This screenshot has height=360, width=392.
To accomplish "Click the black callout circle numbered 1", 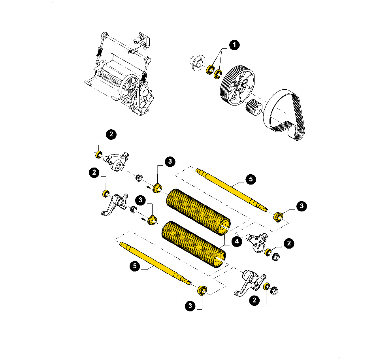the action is [234, 45].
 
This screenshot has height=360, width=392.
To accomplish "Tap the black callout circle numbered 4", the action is [237, 241].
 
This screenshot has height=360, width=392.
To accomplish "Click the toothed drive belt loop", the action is [285, 115].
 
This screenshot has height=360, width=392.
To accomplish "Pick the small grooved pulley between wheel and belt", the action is [254, 107].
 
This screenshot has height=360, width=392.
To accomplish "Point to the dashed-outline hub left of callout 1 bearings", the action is [197, 63].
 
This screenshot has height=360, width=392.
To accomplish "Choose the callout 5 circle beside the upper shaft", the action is [251, 179].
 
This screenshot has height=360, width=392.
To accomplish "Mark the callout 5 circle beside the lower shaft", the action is [135, 266].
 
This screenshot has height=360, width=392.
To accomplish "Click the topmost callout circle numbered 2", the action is [111, 134].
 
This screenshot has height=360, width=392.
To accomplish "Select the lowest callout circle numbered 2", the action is [254, 300].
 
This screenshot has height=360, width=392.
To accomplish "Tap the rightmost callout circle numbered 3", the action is [302, 206].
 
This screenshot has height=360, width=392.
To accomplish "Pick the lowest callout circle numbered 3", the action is [190, 306].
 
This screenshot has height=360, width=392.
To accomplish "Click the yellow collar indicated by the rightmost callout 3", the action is [278, 217].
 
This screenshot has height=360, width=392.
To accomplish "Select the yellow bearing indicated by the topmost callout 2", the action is [99, 155].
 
